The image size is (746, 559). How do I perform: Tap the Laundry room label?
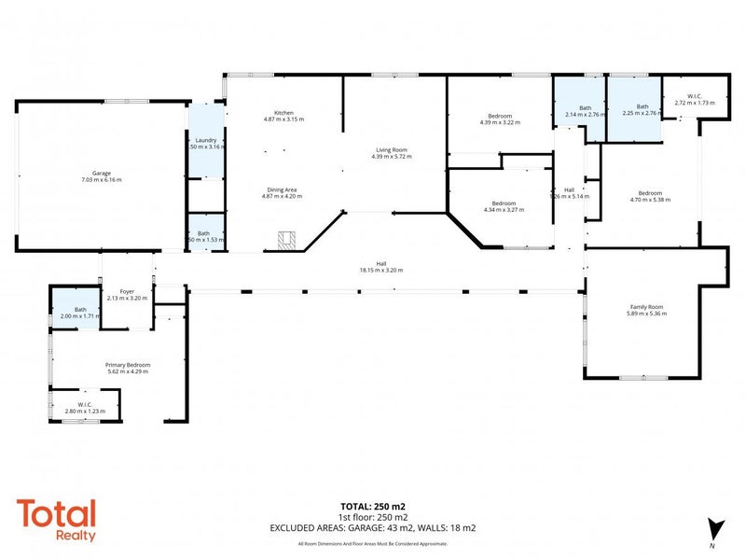click(x=207, y=140)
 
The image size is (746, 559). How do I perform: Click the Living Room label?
click(x=391, y=149)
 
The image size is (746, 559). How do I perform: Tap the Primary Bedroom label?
click(x=129, y=364)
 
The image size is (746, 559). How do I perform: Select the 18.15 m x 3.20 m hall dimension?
click(x=382, y=270)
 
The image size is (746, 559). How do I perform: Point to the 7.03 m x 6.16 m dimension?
click(x=102, y=180)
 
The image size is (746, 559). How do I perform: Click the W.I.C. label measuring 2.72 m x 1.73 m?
click(x=694, y=95)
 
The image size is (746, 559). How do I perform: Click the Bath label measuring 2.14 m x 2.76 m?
click(x=585, y=107)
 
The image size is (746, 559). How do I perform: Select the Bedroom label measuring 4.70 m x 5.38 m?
click(x=649, y=191)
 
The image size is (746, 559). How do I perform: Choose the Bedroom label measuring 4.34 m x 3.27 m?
click(x=504, y=203)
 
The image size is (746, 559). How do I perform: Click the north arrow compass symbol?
click(x=715, y=529)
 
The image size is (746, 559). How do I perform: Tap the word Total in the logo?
click(x=56, y=515)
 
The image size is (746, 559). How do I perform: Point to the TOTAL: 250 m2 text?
click(x=372, y=507)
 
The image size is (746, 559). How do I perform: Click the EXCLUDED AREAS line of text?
click(x=372, y=528)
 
